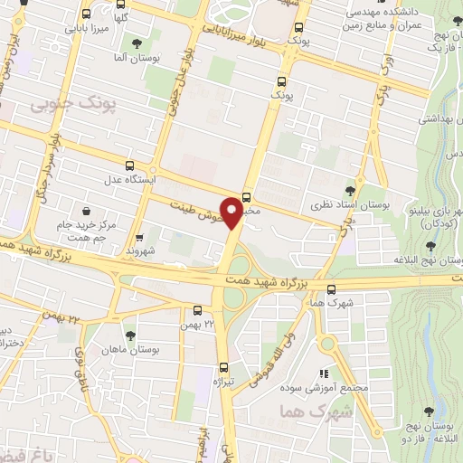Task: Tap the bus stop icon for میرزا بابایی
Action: (86, 14)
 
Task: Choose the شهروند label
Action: (142, 249)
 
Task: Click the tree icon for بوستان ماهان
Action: (128, 335)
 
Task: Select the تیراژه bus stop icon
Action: (223, 367)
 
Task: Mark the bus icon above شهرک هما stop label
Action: (332, 290)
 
